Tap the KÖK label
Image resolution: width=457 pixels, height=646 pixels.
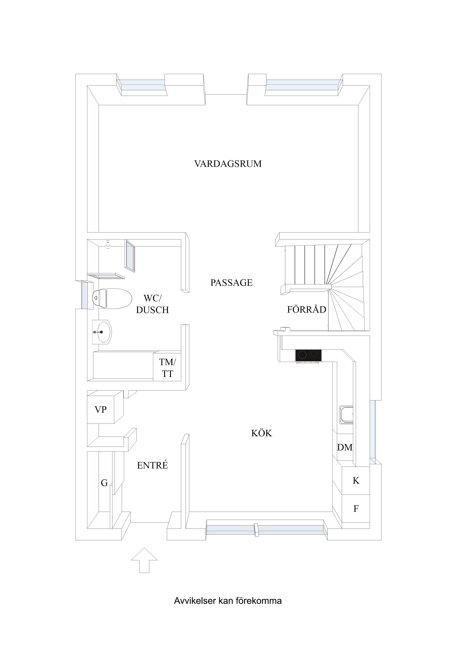pyautogui.click(x=262, y=433)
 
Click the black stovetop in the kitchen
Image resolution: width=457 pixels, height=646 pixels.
pyautogui.click(x=308, y=356)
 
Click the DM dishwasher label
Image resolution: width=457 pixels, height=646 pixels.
pyautogui.click(x=345, y=447)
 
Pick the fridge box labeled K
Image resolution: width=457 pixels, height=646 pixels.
pyautogui.click(x=356, y=480)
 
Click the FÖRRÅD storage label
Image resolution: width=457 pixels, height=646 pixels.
pyautogui.click(x=306, y=310)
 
